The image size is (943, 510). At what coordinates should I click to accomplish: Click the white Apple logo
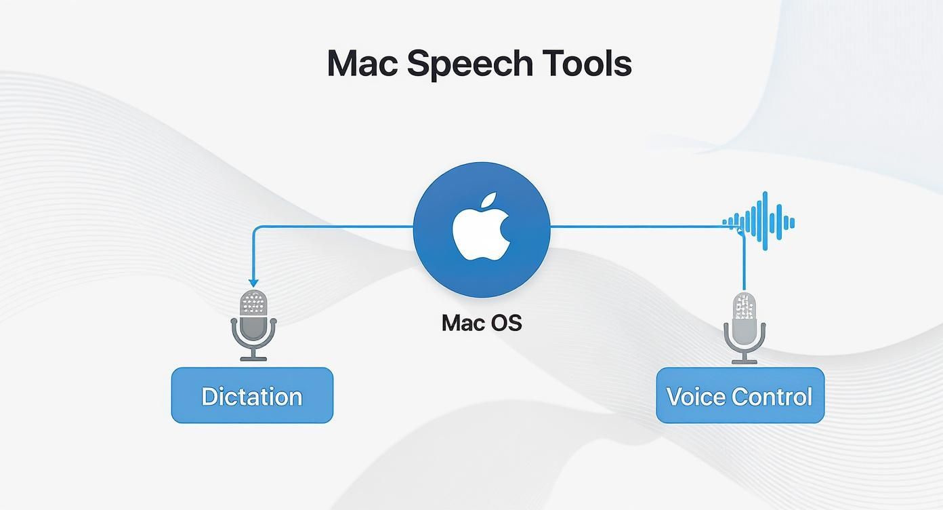481,231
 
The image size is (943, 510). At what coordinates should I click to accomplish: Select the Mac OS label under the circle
482,323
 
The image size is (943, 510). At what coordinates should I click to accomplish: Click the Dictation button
252,395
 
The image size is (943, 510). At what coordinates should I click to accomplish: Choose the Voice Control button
740,395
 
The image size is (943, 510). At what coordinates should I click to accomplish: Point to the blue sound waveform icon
759,221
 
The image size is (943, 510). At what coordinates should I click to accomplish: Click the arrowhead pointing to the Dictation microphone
254,283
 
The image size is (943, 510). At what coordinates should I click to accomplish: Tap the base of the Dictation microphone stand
254,357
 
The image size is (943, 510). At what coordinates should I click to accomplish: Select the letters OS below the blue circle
507,323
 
